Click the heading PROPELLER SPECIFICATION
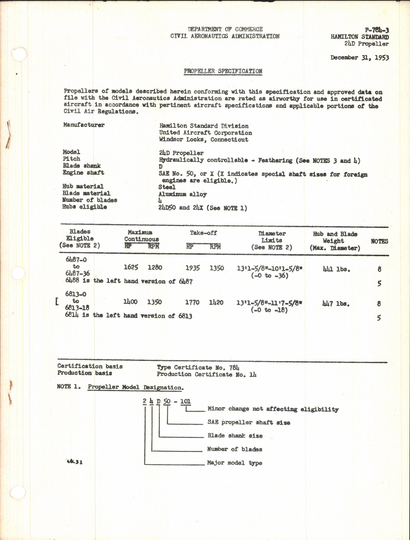click(223, 71)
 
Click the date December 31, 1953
click(359, 58)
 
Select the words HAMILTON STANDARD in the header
click(360, 37)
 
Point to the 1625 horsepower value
click(131, 268)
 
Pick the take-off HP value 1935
click(192, 268)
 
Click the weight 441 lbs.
click(336, 269)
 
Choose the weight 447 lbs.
click(336, 304)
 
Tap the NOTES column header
click(379, 242)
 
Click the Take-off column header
click(204, 233)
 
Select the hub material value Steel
click(167, 187)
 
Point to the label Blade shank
click(82, 166)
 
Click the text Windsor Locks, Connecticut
click(204, 140)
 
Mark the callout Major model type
click(234, 463)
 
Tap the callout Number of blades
click(234, 449)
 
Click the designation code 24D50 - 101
click(167, 401)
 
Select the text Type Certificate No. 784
click(198, 367)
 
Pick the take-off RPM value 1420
click(216, 302)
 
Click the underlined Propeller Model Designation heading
click(135, 387)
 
